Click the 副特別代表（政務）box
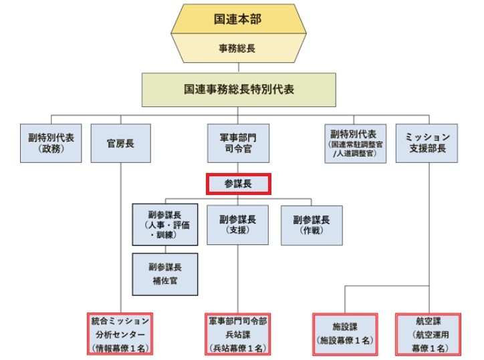pos(46,142)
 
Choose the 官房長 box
pos(120,142)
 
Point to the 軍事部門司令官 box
pos(239,142)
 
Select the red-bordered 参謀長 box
pos(239,182)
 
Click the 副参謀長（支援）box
pos(239,223)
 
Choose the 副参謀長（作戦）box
pos(312,223)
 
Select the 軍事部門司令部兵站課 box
pos(239,333)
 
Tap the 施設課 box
pos(346,333)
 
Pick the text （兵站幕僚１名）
pos(239,347)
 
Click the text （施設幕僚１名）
pos(346,341)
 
